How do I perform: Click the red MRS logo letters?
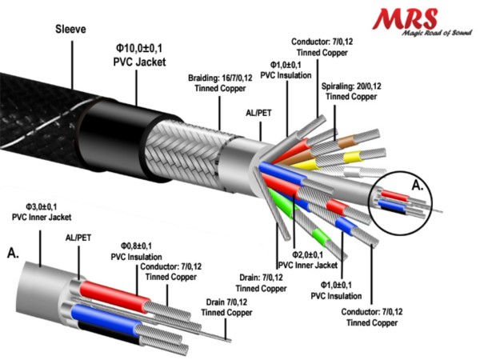pyautogui.click(x=405, y=19)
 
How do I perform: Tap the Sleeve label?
pyautogui.click(x=70, y=30)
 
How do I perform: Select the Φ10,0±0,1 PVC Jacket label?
pyautogui.click(x=139, y=55)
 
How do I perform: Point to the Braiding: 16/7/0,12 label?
pyautogui.click(x=220, y=83)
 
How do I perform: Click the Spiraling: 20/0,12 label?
pyautogui.click(x=351, y=91)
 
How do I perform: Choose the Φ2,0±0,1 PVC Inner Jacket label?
pyautogui.click(x=307, y=260)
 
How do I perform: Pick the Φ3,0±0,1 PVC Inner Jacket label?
pyautogui.click(x=42, y=212)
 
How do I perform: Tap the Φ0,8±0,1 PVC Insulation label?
pyautogui.click(x=136, y=251)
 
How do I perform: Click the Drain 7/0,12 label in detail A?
pyautogui.click(x=226, y=307)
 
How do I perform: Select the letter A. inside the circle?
pyautogui.click(x=418, y=186)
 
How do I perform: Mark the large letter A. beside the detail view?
pyautogui.click(x=13, y=253)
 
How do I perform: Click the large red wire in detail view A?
pyautogui.click(x=114, y=295)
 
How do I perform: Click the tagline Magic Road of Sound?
pyautogui.click(x=437, y=33)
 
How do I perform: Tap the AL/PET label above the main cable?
pyautogui.click(x=258, y=114)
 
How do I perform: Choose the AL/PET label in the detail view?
pyautogui.click(x=78, y=238)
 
